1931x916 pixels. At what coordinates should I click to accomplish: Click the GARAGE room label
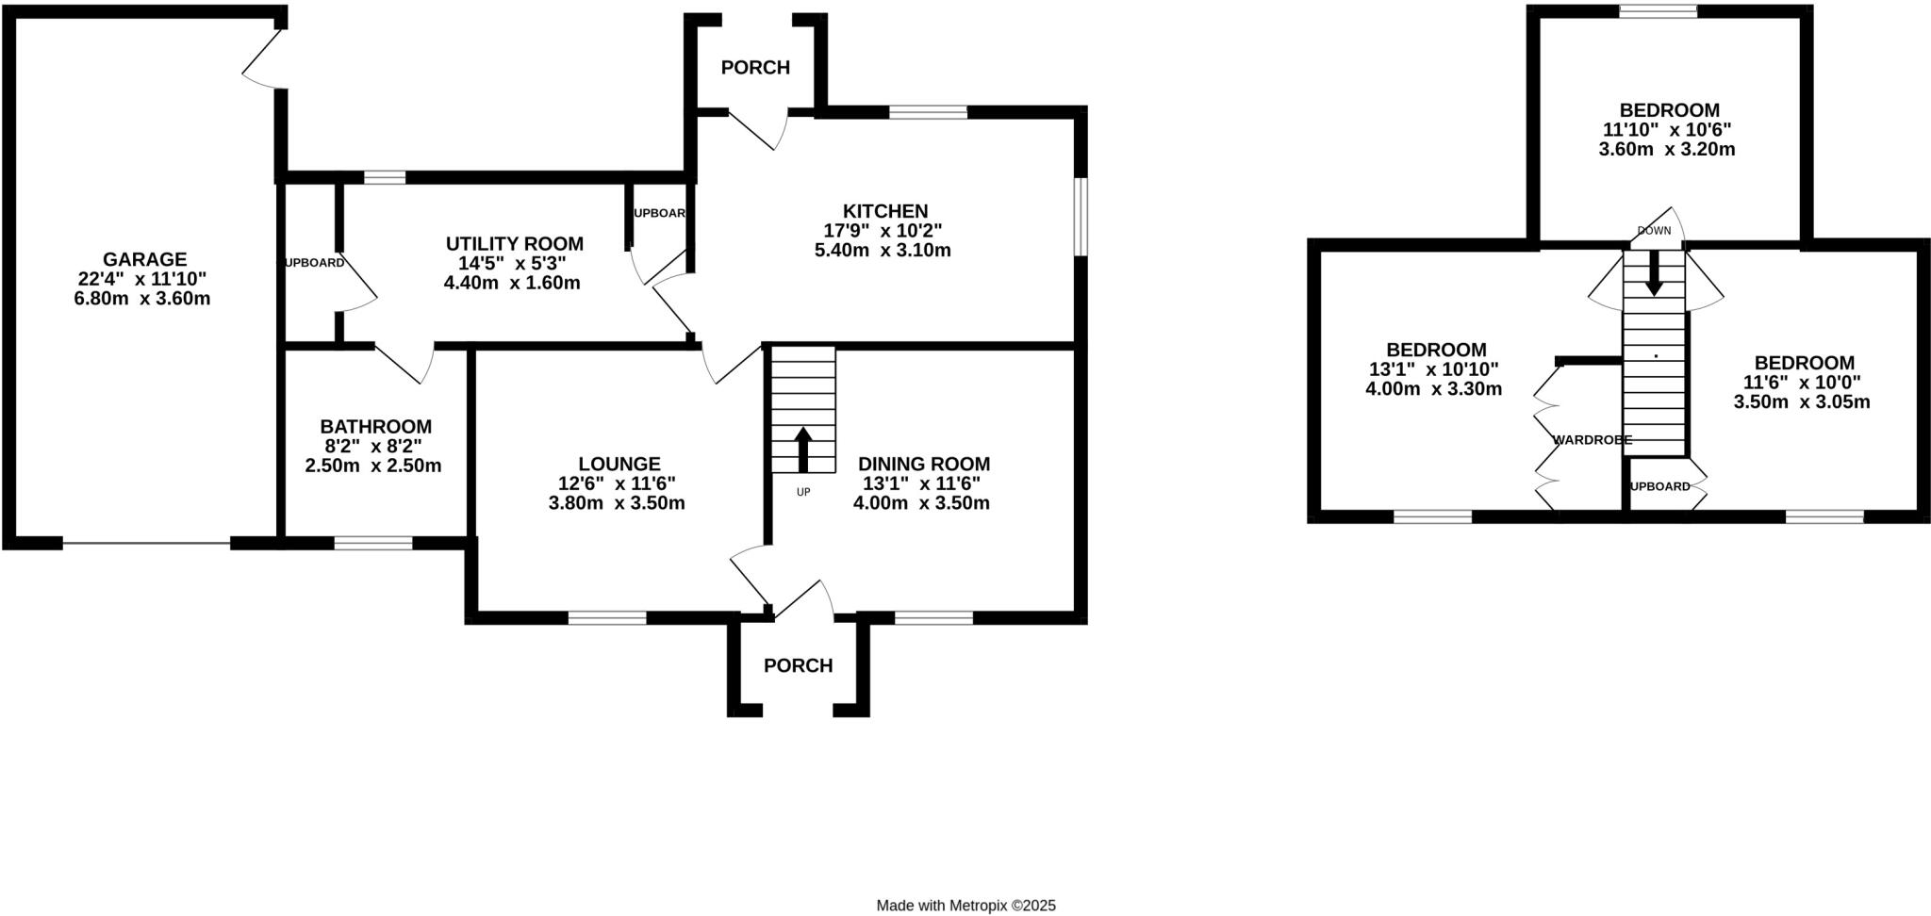click(144, 259)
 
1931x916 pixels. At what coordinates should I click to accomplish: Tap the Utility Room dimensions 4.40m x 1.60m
click(512, 283)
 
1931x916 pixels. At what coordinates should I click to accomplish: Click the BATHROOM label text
click(375, 427)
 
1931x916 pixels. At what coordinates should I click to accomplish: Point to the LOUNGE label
click(619, 464)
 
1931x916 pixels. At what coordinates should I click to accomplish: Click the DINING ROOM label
click(923, 464)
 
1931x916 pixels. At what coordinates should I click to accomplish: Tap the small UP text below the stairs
click(803, 492)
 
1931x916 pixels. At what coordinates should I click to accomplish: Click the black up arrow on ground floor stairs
click(803, 450)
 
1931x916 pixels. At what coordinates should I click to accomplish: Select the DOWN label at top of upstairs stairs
click(1654, 231)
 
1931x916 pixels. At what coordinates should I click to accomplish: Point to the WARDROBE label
click(1592, 440)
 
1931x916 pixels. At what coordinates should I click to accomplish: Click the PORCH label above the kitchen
click(755, 68)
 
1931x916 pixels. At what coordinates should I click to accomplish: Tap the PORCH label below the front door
click(798, 666)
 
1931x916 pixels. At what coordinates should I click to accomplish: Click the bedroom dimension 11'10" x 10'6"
click(1667, 130)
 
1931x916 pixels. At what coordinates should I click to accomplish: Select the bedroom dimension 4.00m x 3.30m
click(1433, 389)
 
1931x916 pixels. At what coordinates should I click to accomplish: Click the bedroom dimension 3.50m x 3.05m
click(1801, 402)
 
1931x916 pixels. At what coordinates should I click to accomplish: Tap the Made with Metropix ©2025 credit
click(965, 906)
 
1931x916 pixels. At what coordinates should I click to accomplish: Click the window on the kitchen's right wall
click(1081, 216)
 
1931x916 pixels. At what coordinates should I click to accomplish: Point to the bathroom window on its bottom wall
click(373, 543)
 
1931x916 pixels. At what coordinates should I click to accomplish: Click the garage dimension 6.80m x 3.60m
click(142, 299)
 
